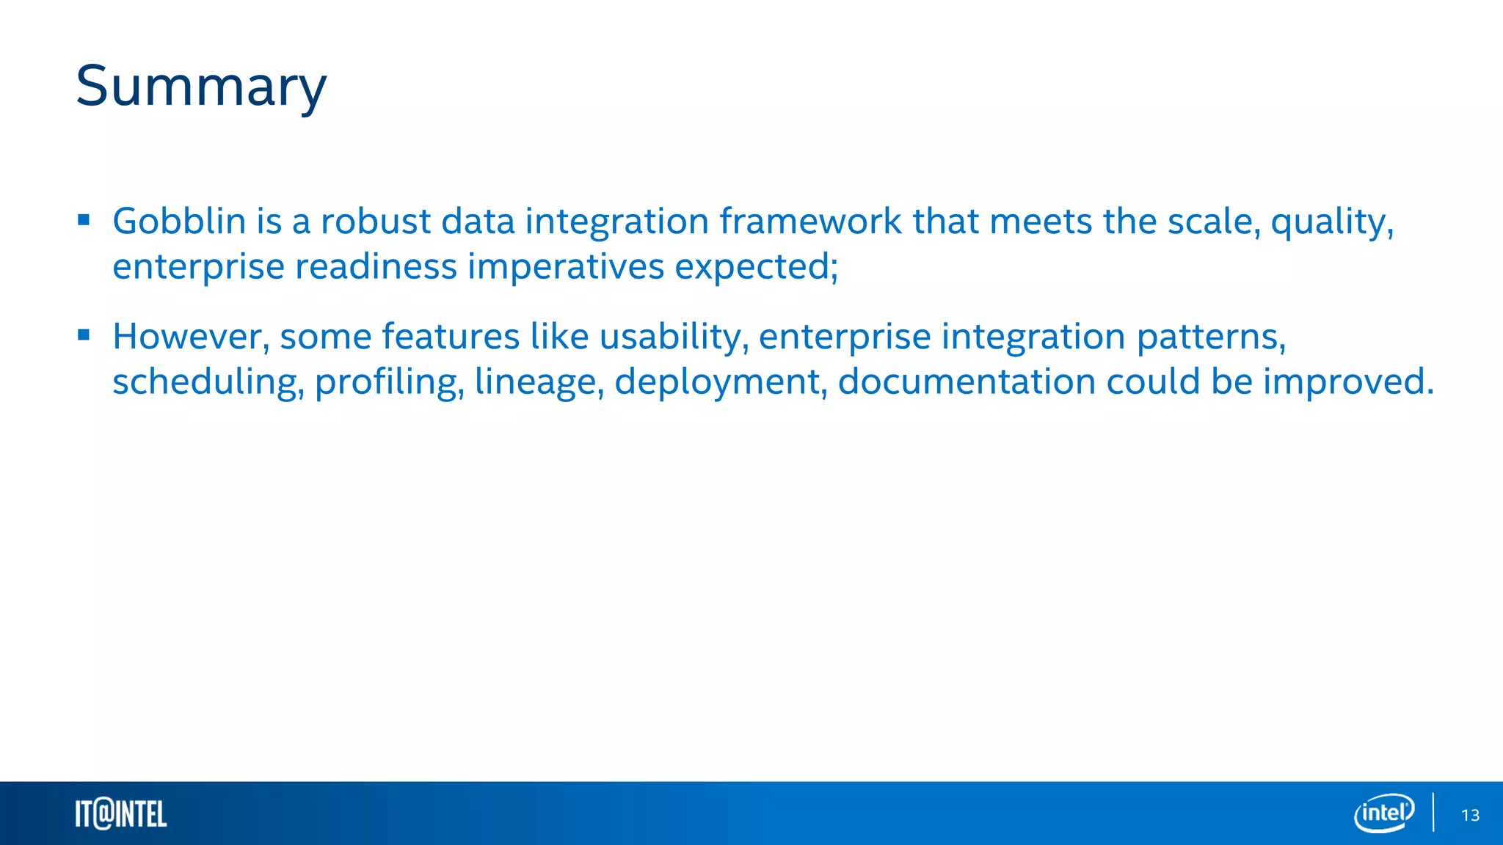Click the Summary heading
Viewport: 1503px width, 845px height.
[x=201, y=87]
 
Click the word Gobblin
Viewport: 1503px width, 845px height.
[x=178, y=221]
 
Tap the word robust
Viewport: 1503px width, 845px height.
[x=376, y=221]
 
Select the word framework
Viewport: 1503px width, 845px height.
[x=810, y=221]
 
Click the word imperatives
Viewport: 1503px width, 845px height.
[x=565, y=266]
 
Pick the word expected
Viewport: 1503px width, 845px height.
[x=755, y=266]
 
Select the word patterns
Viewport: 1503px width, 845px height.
[x=1211, y=337]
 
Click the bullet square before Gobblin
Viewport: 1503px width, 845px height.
[x=84, y=219]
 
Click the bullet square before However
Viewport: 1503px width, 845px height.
[x=84, y=335]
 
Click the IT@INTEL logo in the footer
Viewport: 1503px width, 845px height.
[x=121, y=814]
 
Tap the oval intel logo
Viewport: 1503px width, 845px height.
[x=1383, y=813]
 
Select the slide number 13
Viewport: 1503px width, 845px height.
[x=1470, y=815]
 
